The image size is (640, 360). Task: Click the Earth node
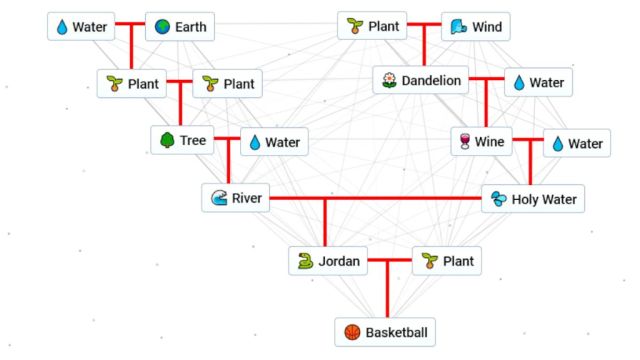[x=180, y=26]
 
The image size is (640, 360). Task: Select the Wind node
[x=474, y=26]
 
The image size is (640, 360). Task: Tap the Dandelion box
[x=420, y=80]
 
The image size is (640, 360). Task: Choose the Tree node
[x=181, y=141]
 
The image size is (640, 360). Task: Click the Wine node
[x=480, y=142]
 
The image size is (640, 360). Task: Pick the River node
[x=235, y=198]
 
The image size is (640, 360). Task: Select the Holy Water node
[x=533, y=199]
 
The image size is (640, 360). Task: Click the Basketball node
[x=386, y=332]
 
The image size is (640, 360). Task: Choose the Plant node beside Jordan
[x=445, y=262]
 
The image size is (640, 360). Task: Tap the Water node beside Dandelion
[x=538, y=83]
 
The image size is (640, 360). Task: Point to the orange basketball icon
[x=351, y=332]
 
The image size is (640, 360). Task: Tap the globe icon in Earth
[x=163, y=26]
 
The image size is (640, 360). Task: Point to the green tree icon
[x=166, y=141]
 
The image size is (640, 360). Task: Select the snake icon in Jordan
[x=304, y=262]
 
